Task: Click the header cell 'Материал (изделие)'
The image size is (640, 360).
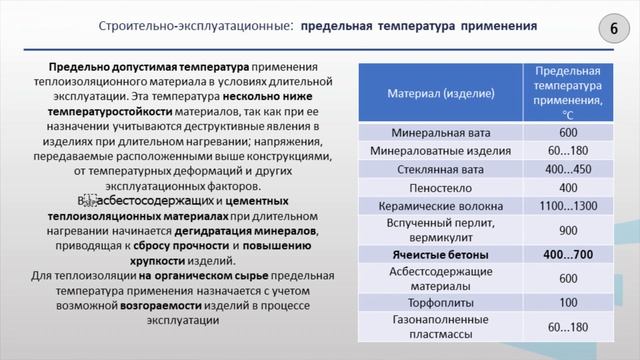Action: click(x=440, y=93)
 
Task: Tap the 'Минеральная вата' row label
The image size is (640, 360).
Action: click(x=440, y=133)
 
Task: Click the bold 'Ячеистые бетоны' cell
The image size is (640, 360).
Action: click(x=440, y=255)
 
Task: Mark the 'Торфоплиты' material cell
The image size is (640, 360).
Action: click(x=440, y=302)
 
